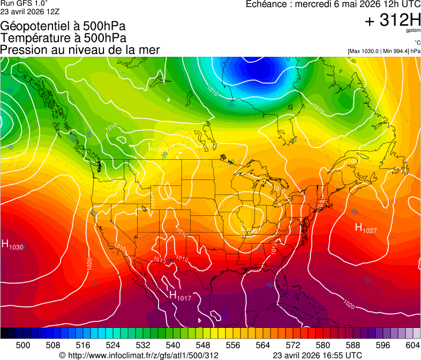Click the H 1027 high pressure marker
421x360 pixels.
click(x=366, y=228)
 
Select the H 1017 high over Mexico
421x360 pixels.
click(x=180, y=296)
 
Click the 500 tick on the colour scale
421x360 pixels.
click(x=22, y=345)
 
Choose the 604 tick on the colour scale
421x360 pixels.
click(x=412, y=345)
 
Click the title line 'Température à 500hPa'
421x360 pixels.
click(x=63, y=38)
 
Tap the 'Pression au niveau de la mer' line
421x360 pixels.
click(x=80, y=50)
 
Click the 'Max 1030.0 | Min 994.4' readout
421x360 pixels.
click(x=384, y=51)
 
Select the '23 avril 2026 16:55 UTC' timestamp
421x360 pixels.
click(x=317, y=355)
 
